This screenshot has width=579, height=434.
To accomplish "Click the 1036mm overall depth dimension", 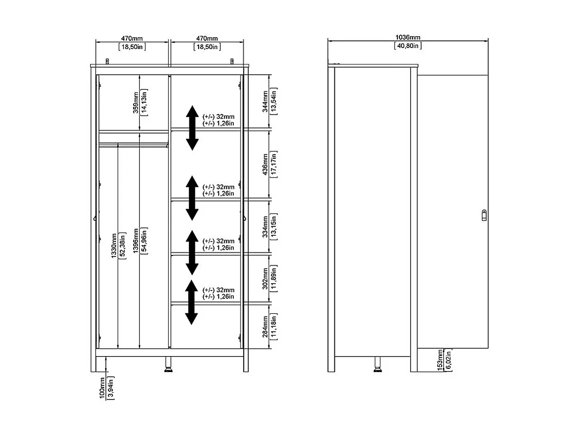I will click(x=408, y=38).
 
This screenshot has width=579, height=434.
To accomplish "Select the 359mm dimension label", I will click(x=135, y=103).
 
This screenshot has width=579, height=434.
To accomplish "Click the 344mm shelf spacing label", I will click(x=265, y=102).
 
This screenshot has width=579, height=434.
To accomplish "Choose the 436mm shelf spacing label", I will click(x=265, y=164).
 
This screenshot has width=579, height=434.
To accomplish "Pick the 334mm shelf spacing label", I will click(x=265, y=226).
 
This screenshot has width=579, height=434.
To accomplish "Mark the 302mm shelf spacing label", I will click(x=265, y=279).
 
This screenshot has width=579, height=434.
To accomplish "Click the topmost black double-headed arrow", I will click(x=192, y=127).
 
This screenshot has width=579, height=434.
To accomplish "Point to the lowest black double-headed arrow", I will click(x=192, y=302).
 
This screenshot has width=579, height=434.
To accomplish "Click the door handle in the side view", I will click(x=484, y=214).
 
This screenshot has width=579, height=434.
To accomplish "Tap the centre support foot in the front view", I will click(x=169, y=364).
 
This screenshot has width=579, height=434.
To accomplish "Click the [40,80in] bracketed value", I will click(x=408, y=46).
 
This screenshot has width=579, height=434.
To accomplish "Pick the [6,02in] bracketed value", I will click(x=448, y=360).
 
